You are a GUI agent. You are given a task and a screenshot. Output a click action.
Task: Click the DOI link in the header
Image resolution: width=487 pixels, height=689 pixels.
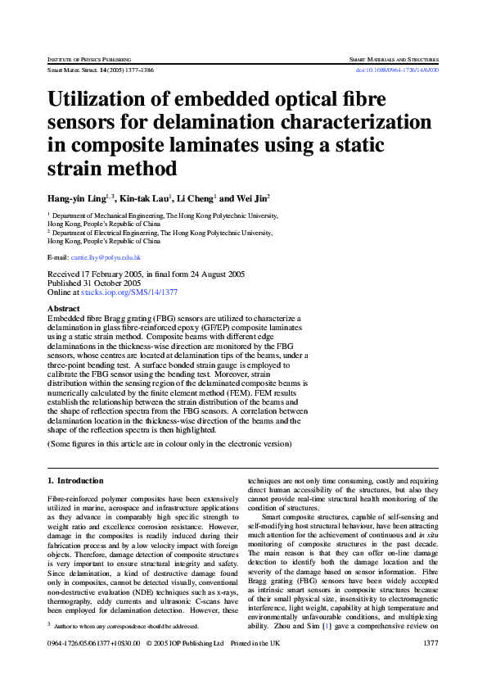398,70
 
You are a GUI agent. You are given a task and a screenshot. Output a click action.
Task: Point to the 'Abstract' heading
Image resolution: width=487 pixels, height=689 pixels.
65,309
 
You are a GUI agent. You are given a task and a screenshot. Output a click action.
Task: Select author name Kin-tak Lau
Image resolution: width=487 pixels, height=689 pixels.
145,199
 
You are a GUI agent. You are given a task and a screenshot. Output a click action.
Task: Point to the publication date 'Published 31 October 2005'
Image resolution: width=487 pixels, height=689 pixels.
95,283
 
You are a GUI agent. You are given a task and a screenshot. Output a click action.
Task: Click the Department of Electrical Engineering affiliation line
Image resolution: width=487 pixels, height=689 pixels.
160,233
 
